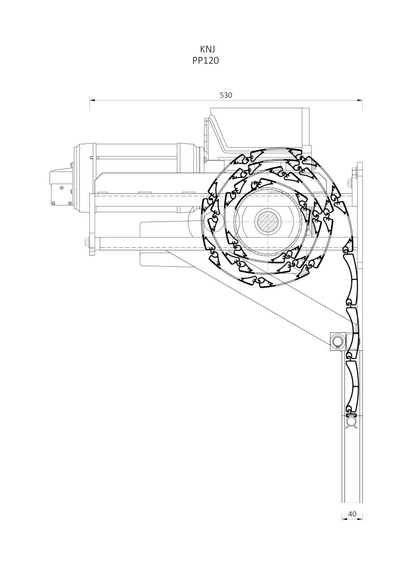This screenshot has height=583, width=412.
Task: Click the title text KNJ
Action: tap(207, 49)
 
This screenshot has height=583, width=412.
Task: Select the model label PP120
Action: tap(206, 61)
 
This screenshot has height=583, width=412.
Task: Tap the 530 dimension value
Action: tap(226, 95)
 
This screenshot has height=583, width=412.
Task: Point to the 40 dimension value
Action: tap(352, 514)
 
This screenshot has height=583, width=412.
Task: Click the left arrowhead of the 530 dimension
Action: tap(92, 100)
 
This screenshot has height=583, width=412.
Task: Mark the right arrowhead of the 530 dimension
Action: tap(360, 100)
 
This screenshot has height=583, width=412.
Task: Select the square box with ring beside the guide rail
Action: tap(338, 341)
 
